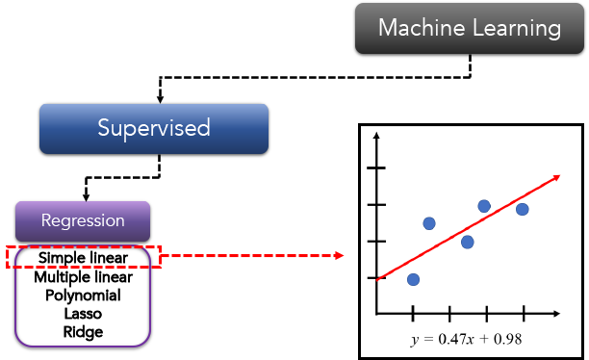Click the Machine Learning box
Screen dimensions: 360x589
click(x=470, y=28)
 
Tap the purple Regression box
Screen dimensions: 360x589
click(x=83, y=220)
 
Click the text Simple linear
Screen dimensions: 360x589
click(x=83, y=258)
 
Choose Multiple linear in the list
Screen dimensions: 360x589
click(x=83, y=277)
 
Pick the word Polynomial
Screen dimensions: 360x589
click(x=83, y=296)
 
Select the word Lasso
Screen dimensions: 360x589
click(x=83, y=314)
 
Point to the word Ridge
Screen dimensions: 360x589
click(x=83, y=332)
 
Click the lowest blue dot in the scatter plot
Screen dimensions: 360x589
click(x=413, y=280)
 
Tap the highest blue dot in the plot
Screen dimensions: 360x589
click(x=484, y=206)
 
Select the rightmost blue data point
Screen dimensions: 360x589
click(x=522, y=209)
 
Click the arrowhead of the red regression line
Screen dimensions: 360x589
click(x=555, y=176)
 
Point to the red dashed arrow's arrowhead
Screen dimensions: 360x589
click(x=338, y=257)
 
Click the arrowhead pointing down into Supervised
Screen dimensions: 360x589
click(x=160, y=98)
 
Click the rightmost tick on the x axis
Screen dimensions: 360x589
click(x=524, y=313)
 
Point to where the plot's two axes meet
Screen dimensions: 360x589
click(x=376, y=313)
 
